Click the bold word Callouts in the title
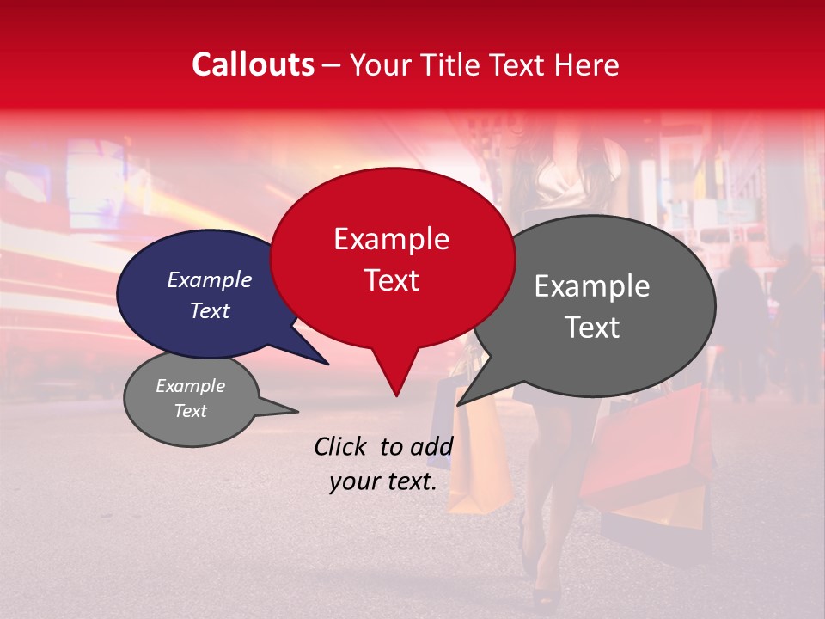point(253,64)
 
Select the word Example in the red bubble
point(391,239)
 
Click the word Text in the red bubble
point(391,280)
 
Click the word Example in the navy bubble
point(209,280)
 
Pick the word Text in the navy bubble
point(209,310)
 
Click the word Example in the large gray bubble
point(592,286)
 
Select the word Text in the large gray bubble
point(592,328)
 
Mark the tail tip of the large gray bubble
point(459,404)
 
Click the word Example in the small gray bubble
point(190,386)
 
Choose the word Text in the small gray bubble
point(190,411)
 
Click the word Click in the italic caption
point(342,446)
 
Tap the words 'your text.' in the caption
point(383,481)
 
